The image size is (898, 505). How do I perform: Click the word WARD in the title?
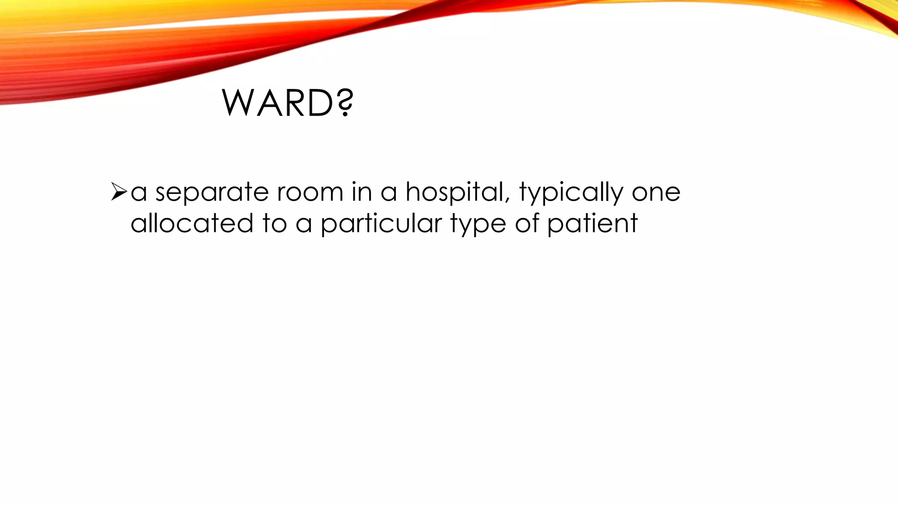[279, 103]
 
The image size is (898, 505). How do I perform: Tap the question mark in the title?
[346, 103]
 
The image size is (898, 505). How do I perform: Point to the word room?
[310, 193]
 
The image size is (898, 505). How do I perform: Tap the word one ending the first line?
[656, 193]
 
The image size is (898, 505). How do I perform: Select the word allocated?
[192, 223]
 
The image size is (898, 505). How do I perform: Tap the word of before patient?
[527, 223]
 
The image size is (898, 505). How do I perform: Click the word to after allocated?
[274, 224]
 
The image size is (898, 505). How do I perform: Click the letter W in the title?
[239, 103]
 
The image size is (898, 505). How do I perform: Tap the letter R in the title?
[294, 103]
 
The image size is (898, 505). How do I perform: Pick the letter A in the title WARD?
[268, 103]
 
